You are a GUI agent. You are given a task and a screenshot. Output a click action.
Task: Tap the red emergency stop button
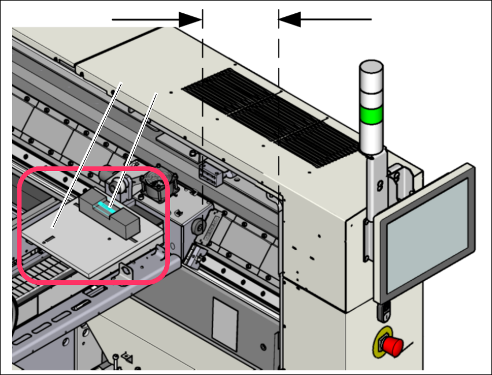click(393, 346)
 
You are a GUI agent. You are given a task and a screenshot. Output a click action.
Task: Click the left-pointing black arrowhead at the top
click(291, 20)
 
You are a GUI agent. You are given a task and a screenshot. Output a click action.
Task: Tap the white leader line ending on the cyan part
click(136, 144)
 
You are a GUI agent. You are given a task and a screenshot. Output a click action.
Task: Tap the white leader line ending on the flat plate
click(87, 156)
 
